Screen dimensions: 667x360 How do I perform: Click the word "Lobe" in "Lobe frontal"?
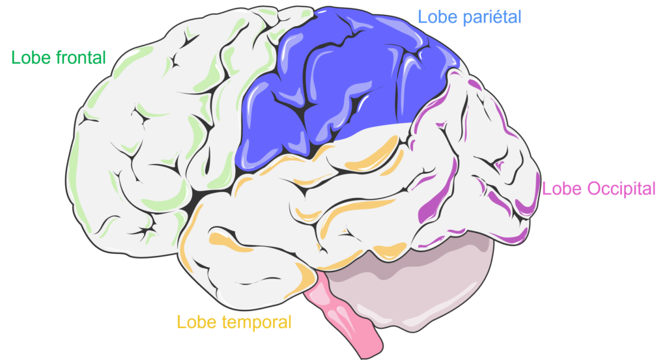[28, 58]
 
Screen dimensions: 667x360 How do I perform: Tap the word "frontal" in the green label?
[78, 58]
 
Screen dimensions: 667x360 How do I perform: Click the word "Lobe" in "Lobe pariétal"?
[434, 17]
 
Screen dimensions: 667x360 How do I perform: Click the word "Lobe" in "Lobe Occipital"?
[558, 189]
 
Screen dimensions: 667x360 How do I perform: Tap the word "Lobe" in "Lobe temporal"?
[193, 322]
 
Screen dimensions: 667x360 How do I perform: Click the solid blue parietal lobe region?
[340, 85]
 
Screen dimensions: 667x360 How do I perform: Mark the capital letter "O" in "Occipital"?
[594, 189]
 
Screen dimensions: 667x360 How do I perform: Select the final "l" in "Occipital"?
[654, 189]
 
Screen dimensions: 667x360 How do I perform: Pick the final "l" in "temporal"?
[290, 322]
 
